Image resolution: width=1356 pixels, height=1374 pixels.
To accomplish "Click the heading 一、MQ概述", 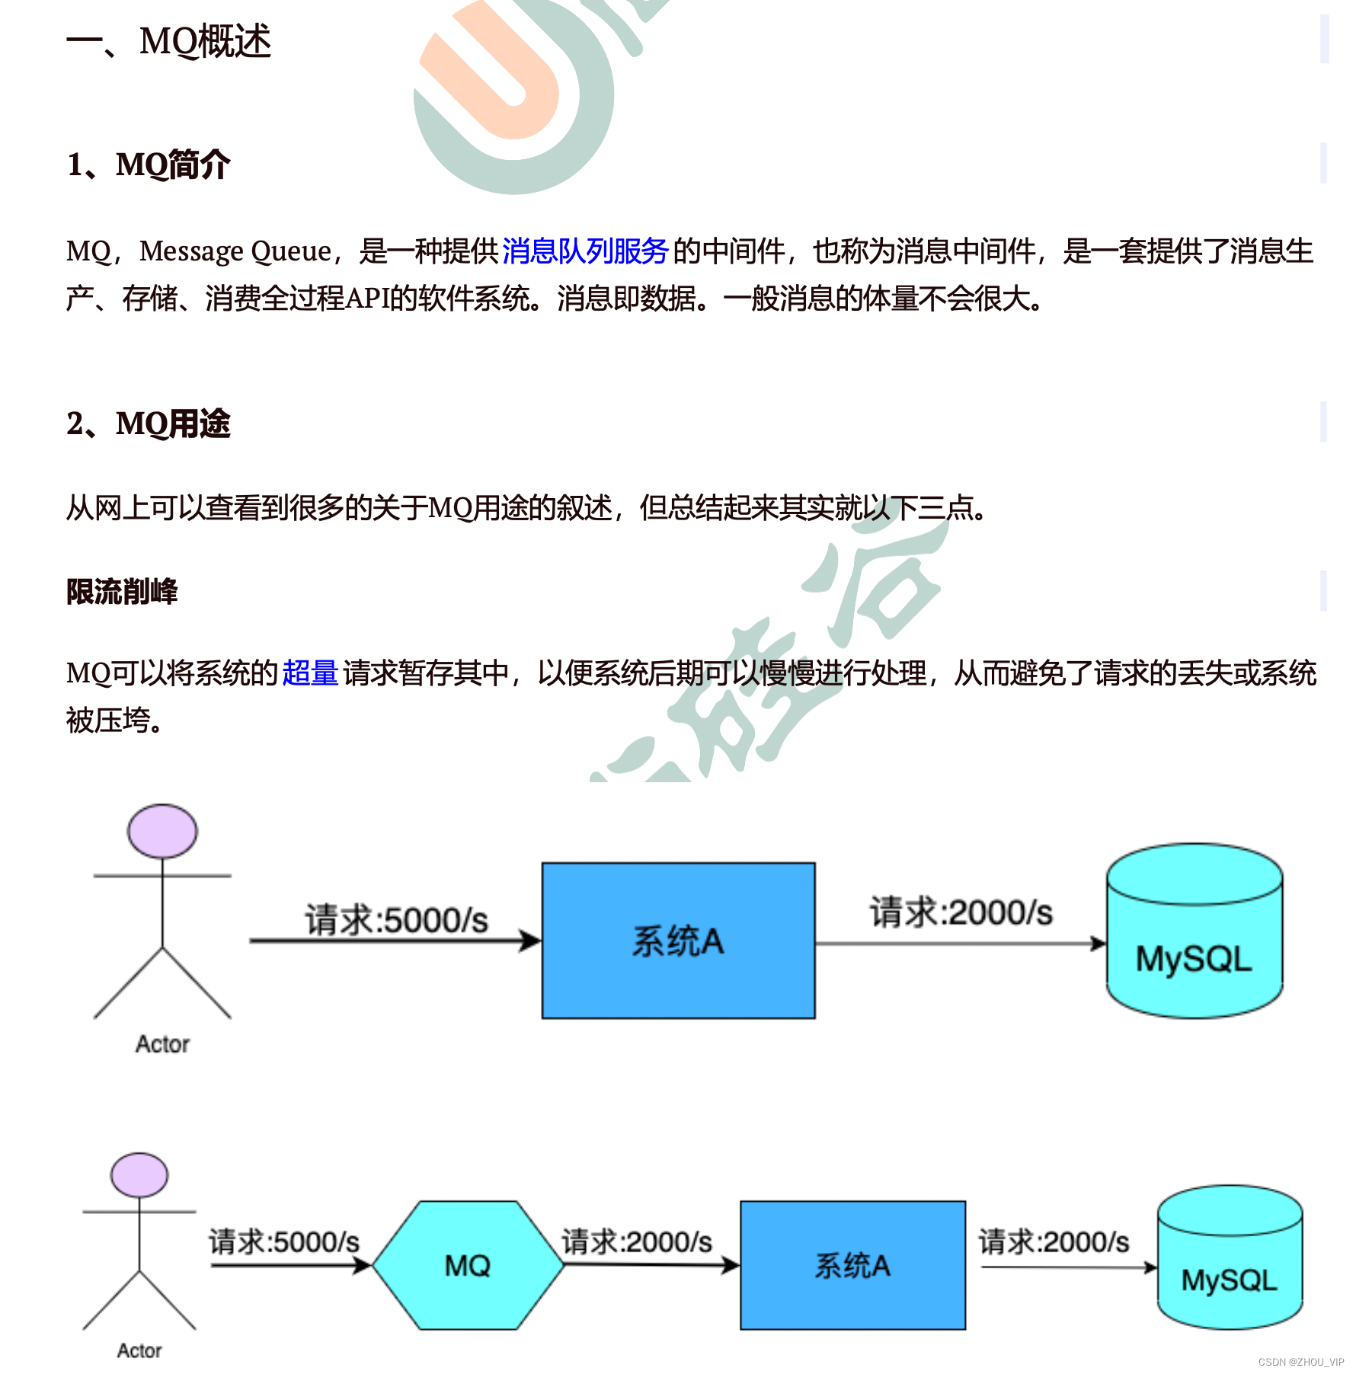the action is coord(168,41).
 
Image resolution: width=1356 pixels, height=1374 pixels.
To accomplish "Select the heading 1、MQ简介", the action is coord(149,165).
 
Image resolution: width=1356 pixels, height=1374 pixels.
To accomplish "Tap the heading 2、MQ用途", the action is coord(149,423).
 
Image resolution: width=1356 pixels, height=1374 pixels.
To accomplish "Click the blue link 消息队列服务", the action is coord(584,251).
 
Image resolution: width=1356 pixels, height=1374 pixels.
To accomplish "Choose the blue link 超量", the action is coord(309,673).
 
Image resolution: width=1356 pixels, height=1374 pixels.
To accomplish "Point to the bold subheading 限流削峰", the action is coord(122,592).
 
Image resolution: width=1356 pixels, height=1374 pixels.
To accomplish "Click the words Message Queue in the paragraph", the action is coord(235,251).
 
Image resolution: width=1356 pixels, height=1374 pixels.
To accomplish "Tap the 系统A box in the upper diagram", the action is coord(678,941).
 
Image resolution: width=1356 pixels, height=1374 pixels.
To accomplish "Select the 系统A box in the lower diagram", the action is coord(852,1265).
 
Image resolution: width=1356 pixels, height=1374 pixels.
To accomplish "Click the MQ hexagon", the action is coord(468,1265).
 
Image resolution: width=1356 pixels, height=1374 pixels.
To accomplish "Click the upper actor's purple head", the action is coord(162,831).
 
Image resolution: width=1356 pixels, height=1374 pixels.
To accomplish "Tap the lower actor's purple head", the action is coord(139,1175).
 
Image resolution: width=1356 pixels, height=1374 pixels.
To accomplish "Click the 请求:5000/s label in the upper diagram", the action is coord(396,920).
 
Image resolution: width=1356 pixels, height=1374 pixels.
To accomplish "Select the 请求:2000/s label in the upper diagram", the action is coord(961,912).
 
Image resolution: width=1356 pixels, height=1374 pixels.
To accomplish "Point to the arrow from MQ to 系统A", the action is coord(651,1265).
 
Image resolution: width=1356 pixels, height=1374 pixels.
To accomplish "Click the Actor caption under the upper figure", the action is coord(162,1043).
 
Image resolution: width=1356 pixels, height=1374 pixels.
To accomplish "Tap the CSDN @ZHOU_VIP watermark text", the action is coord(1300,1362).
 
